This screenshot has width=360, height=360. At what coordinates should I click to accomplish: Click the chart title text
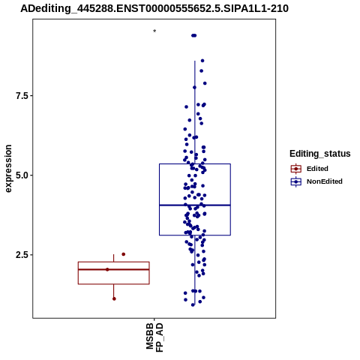(154, 8)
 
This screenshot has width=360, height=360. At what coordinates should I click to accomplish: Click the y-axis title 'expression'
(8, 169)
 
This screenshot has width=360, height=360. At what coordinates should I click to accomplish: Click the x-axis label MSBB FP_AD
(154, 337)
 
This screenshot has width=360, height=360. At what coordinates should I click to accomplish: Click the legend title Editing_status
(320, 154)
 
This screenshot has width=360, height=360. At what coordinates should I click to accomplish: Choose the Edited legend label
(317, 169)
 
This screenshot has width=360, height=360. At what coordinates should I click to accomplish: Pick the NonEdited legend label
(325, 181)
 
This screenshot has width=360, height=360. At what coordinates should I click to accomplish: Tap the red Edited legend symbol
(296, 169)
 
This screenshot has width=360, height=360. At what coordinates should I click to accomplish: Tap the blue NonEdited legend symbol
(296, 181)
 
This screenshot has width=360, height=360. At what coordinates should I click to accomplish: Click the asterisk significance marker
(154, 31)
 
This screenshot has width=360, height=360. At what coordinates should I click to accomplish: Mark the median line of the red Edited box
(114, 269)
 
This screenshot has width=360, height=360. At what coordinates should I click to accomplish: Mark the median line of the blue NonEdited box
(195, 205)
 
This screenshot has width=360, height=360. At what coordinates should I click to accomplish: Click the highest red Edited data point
(124, 254)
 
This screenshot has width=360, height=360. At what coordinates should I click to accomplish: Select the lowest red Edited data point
(114, 298)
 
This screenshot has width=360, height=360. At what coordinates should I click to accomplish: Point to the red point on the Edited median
(107, 269)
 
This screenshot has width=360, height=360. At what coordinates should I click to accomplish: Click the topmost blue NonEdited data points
(194, 35)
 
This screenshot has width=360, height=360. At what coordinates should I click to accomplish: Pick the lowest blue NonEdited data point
(193, 304)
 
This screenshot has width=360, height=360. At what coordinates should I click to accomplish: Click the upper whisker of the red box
(114, 258)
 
